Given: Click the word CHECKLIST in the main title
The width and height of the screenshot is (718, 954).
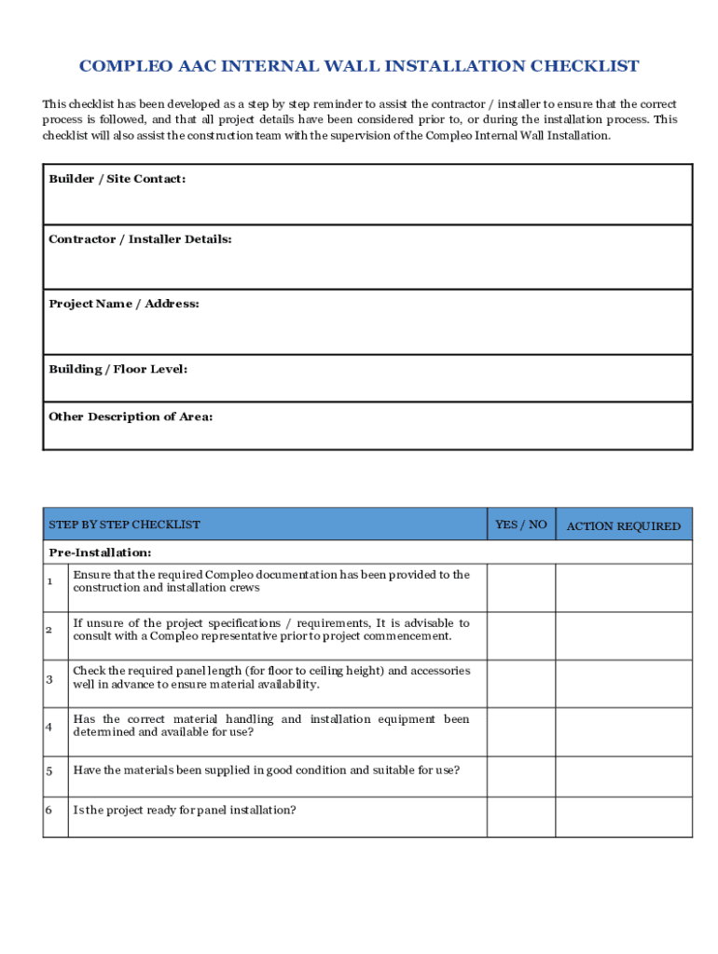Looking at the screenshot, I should pos(585,66).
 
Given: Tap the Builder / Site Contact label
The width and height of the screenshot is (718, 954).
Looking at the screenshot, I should pos(117,178).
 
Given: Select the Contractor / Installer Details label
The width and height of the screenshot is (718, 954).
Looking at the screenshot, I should pos(140,239).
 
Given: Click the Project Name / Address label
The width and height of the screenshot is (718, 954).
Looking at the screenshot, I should pos(123,304).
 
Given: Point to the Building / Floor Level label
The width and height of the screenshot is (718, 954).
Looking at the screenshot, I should pos(117,369).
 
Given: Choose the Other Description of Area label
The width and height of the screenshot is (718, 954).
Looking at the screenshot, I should pos(130,416).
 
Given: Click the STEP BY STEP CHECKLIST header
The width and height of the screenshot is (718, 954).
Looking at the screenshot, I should pos(124,525).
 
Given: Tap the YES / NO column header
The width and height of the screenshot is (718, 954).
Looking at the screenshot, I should pos(520,525).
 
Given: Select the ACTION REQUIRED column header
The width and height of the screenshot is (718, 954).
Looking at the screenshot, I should pos(623,526).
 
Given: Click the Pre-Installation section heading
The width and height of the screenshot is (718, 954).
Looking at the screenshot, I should pos(100,552).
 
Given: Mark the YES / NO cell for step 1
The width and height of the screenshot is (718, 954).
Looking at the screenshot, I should pos(520,588).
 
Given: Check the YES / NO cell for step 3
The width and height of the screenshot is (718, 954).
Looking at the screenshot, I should pos(520,684).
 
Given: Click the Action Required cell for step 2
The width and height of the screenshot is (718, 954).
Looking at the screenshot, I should pos(624,636).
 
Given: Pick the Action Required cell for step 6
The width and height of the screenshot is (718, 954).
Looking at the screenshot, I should pos(624,816).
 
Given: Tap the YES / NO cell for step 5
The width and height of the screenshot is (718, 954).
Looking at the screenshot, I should pos(520,776).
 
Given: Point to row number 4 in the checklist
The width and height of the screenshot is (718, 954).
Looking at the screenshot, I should pos(48,726).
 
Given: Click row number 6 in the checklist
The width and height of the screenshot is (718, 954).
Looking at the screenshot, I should pos(48,810).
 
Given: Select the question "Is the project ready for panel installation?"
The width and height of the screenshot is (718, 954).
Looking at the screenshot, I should pos(185,810).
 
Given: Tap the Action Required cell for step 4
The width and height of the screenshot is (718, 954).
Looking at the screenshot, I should pos(624,732).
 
